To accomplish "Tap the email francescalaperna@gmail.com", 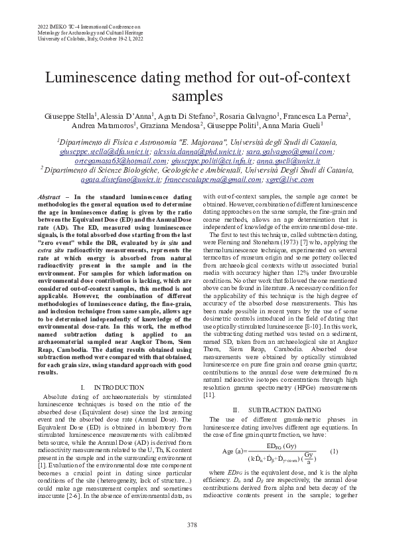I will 206,179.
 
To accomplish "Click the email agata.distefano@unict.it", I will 120,179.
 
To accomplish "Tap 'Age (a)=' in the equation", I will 232,452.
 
